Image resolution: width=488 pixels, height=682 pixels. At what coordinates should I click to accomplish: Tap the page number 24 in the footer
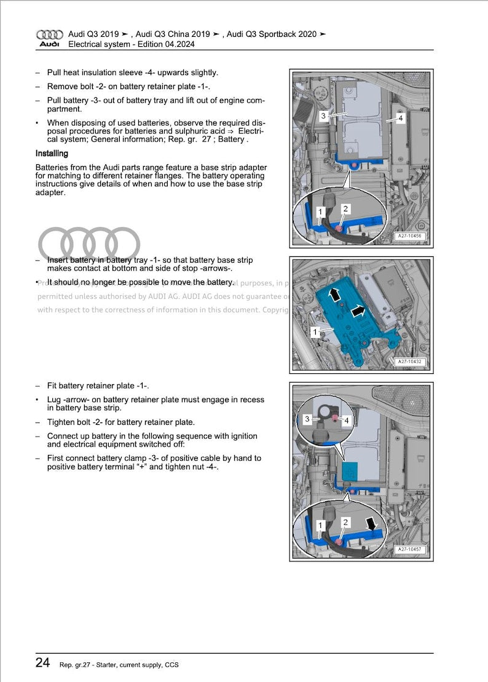[x=42, y=663]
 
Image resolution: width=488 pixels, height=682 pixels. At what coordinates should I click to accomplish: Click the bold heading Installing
[x=52, y=154]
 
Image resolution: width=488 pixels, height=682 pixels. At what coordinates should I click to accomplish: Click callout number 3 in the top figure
[x=323, y=116]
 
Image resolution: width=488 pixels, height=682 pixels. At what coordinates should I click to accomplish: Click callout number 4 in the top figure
[x=400, y=118]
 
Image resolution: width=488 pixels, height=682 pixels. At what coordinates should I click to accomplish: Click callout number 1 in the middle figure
[x=315, y=332]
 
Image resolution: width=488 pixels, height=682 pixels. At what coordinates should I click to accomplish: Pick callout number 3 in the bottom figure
[x=307, y=419]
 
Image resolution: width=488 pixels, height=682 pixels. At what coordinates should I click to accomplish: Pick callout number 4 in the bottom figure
[x=347, y=421]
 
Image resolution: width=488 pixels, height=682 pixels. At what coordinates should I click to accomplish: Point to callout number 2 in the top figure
[x=345, y=209]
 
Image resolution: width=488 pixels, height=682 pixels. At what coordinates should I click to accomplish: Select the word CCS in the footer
[x=171, y=664]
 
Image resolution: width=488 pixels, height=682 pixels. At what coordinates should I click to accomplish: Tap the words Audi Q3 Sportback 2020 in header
[x=272, y=34]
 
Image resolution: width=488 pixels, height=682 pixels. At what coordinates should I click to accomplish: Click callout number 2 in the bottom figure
[x=345, y=522]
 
